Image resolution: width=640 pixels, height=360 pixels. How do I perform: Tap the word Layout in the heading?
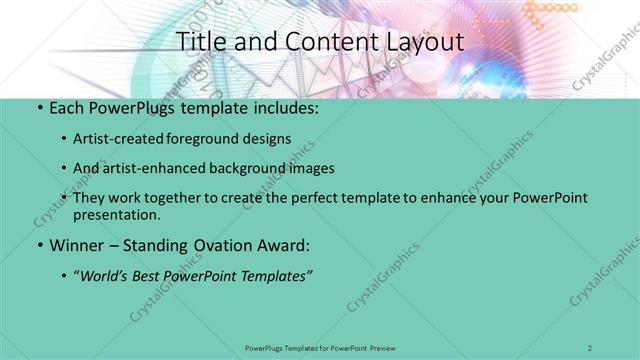click(422, 42)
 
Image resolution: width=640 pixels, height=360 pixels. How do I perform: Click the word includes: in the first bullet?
click(288, 107)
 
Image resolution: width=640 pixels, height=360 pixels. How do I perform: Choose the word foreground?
click(213, 138)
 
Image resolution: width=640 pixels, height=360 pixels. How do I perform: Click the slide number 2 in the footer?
click(591, 347)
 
